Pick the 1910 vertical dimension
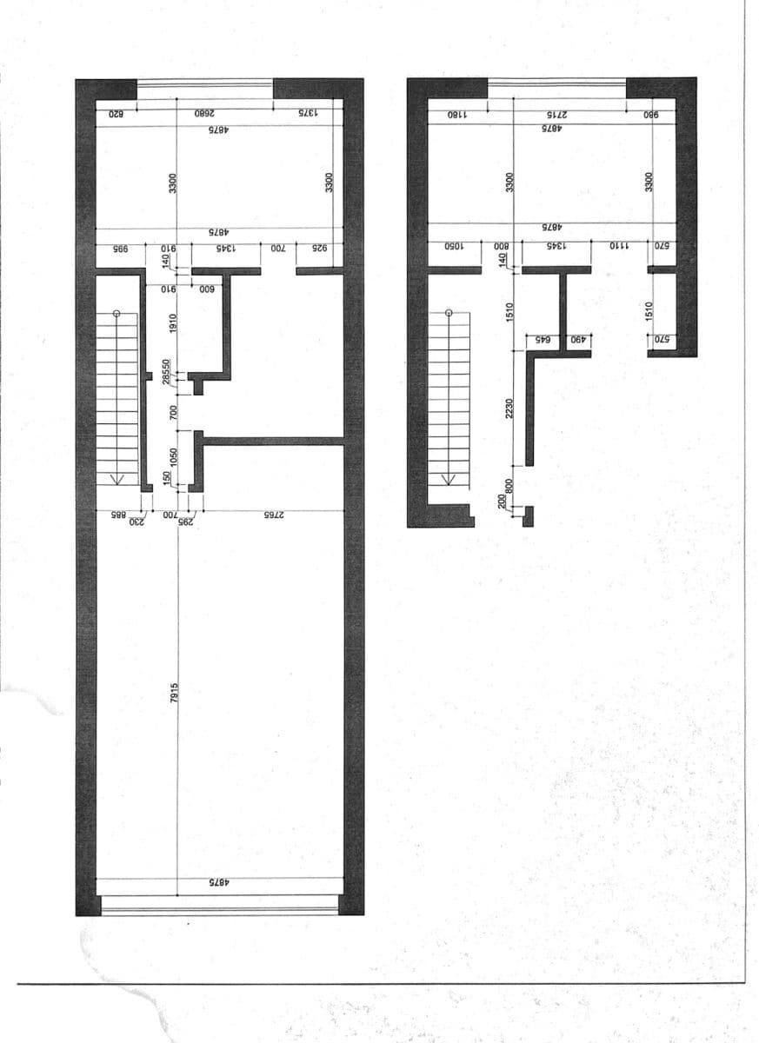tap(174, 325)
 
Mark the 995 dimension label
tap(119, 249)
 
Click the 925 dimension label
tap(320, 249)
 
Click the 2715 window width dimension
tap(556, 114)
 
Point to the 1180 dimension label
tap(457, 114)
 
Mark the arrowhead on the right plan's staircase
tap(449, 478)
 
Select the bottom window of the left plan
tap(219, 905)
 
